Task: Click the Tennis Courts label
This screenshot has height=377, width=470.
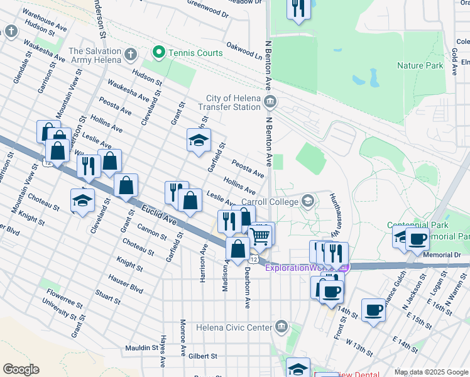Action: [x=195, y=53]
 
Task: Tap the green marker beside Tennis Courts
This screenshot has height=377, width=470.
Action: [x=160, y=53]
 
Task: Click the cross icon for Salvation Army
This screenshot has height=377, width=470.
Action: [x=131, y=53]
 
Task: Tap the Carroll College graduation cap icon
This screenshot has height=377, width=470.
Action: [x=307, y=201]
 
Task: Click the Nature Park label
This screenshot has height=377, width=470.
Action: [x=420, y=65]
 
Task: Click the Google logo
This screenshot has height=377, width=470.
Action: [x=21, y=369]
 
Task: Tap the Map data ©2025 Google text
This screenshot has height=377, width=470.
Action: [x=431, y=372]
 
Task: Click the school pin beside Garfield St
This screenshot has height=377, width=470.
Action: [x=199, y=141]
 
